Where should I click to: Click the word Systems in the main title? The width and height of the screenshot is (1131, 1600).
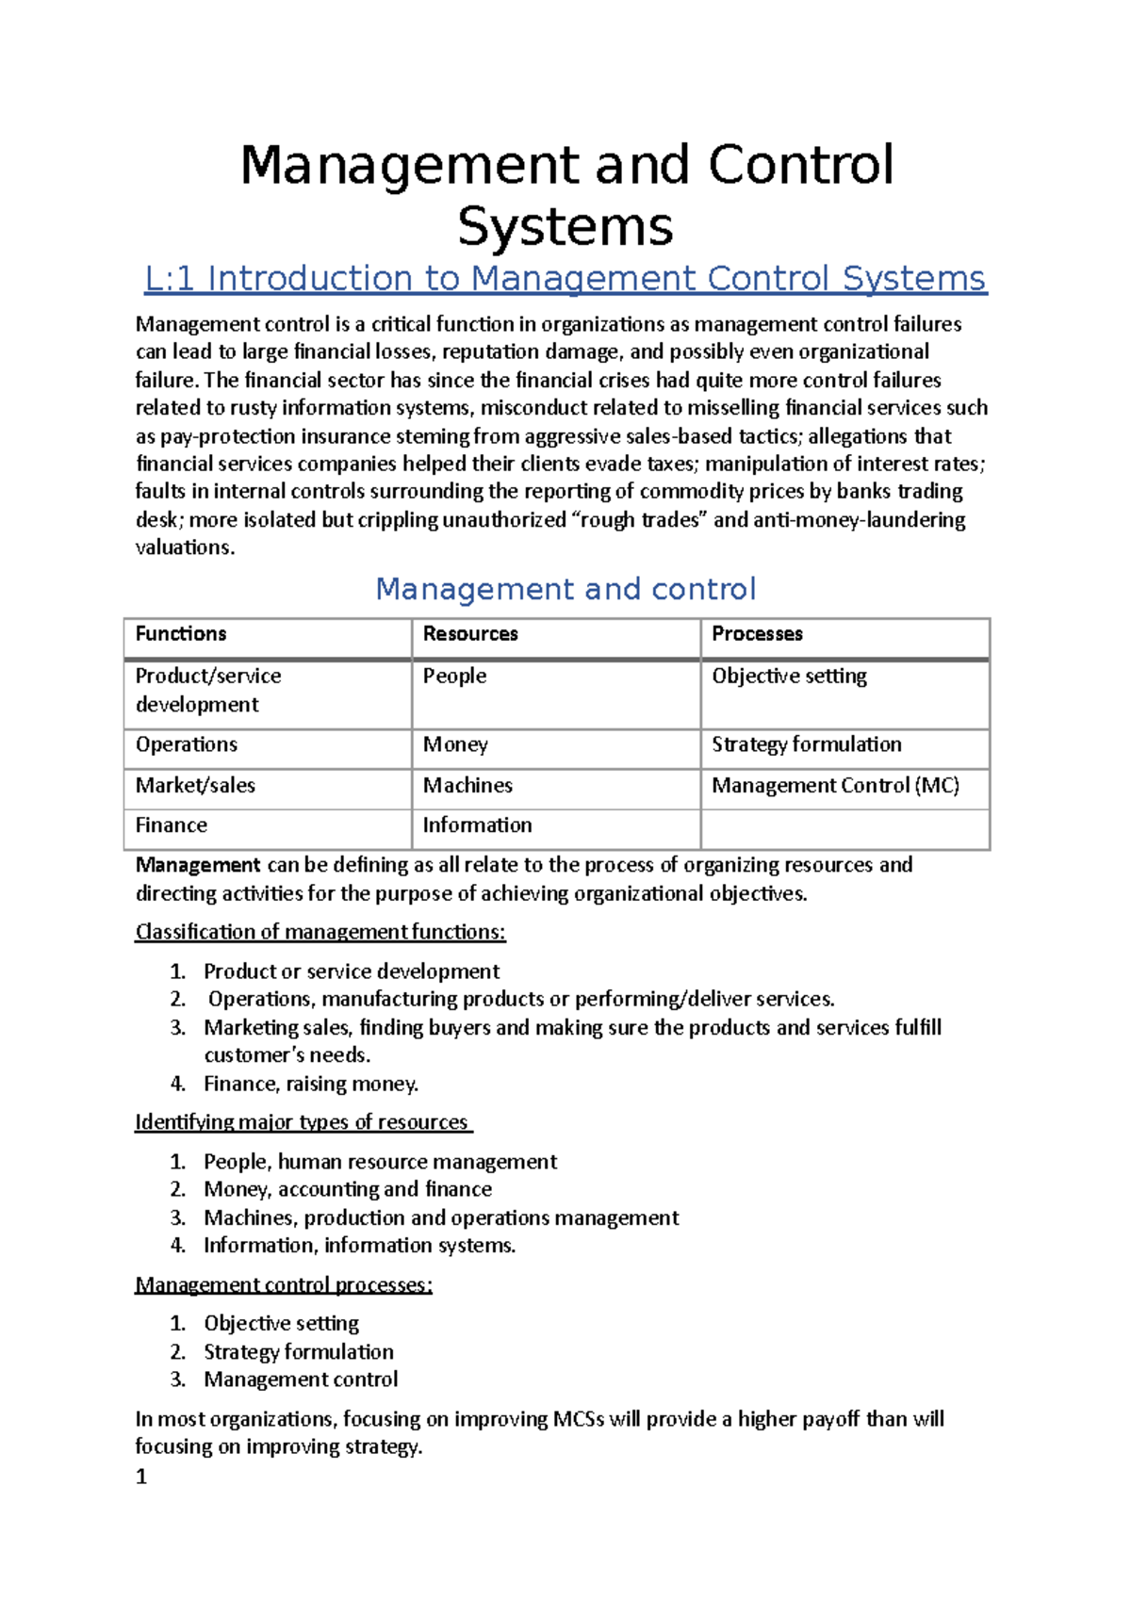[x=565, y=227]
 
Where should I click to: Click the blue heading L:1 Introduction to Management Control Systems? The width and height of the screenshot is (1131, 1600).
[x=565, y=279]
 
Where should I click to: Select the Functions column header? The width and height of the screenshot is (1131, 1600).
[x=181, y=634]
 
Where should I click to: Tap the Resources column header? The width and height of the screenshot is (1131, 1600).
[x=470, y=634]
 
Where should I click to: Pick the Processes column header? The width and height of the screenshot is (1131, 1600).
[x=757, y=634]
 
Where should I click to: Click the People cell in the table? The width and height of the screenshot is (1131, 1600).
[x=454, y=677]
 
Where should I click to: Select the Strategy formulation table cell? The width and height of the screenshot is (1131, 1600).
[x=806, y=744]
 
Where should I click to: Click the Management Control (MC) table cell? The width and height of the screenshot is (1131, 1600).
[x=835, y=786]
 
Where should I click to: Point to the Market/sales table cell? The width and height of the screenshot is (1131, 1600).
[x=195, y=786]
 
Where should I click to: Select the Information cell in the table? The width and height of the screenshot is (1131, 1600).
[x=477, y=825]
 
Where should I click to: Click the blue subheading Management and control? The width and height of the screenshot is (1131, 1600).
[x=565, y=590]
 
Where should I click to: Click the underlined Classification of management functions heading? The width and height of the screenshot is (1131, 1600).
[x=320, y=932]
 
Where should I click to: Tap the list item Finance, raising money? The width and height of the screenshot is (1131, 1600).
[x=311, y=1085]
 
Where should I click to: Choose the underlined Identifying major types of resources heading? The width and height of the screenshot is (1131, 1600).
[x=303, y=1122]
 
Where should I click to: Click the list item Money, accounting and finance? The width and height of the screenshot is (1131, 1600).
[x=348, y=1189]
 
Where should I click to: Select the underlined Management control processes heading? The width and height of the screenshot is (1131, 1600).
[x=284, y=1285]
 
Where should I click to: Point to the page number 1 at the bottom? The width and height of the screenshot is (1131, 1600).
[x=141, y=1477]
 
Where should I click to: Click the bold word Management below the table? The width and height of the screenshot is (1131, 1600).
[x=197, y=865]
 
